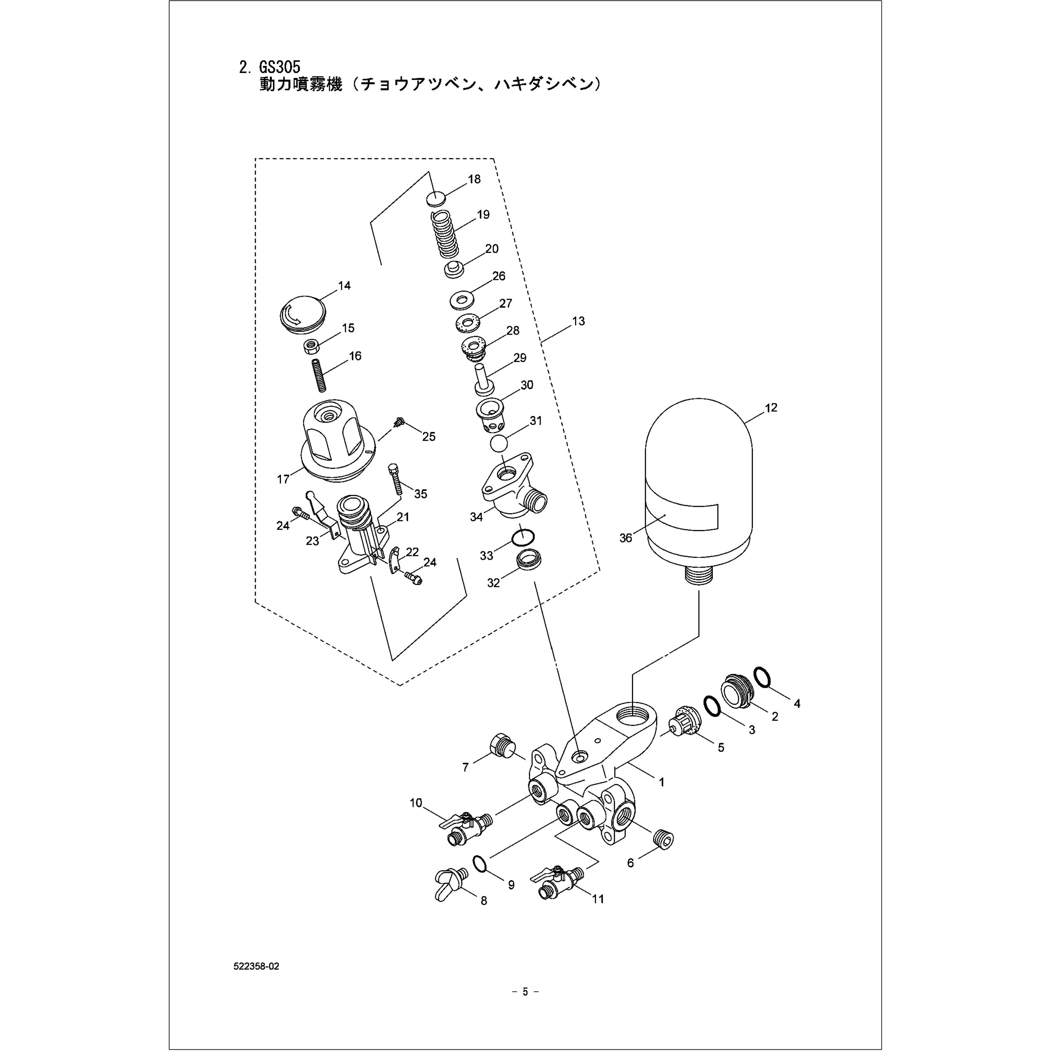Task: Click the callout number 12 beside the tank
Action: point(771,407)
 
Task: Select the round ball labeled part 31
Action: point(499,443)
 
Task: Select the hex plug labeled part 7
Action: point(502,746)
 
